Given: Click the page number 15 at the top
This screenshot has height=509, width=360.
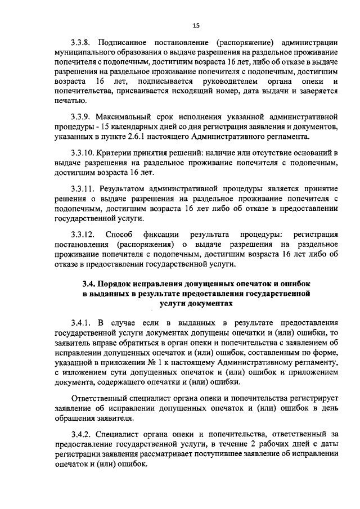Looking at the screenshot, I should click(x=196, y=25).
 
